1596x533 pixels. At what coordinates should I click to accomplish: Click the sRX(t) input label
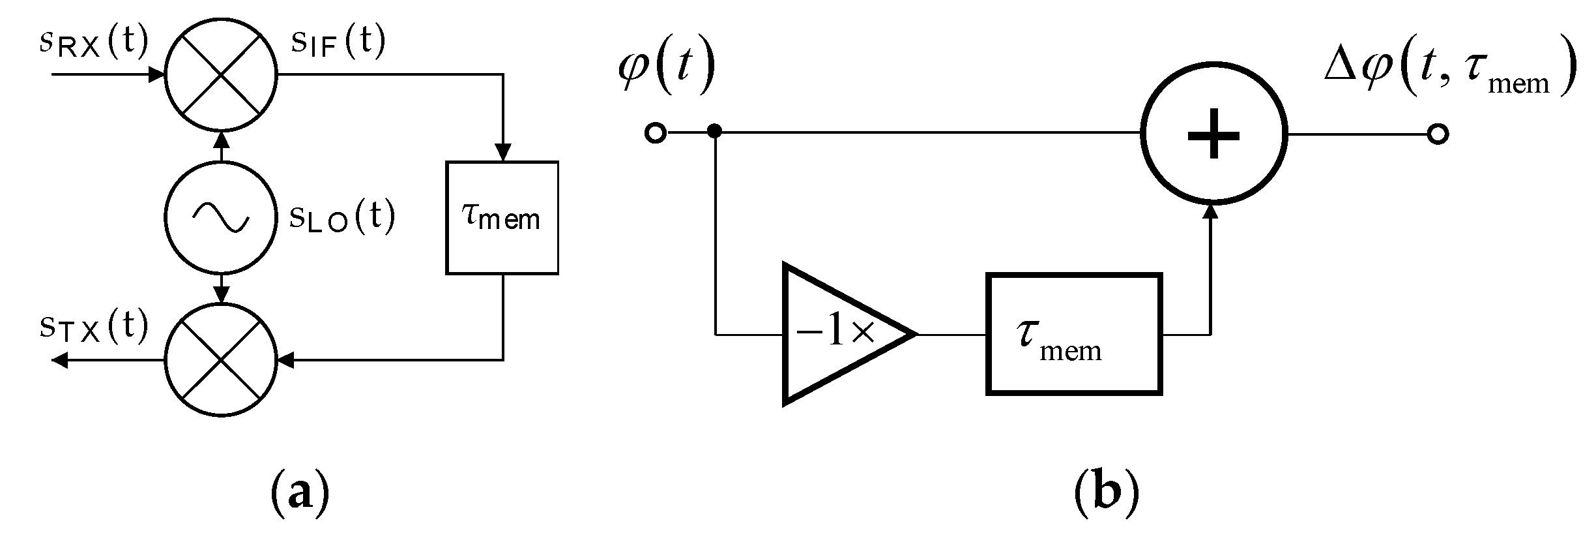click(x=93, y=44)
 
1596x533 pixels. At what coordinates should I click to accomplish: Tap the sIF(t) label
click(x=338, y=44)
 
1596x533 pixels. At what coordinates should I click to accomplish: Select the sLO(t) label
click(x=341, y=217)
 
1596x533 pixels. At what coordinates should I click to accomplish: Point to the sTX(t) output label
click(x=93, y=326)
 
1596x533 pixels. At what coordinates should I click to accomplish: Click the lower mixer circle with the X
click(x=221, y=359)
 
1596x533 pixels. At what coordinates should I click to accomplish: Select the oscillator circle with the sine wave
click(x=221, y=217)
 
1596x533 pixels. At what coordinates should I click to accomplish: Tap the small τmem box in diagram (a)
click(x=502, y=217)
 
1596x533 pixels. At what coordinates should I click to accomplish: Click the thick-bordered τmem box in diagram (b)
click(x=1074, y=334)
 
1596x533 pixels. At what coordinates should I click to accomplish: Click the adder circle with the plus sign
click(x=1213, y=134)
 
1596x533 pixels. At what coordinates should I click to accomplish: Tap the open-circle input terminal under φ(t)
click(x=655, y=134)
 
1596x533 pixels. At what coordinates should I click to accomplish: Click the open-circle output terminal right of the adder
click(x=1437, y=134)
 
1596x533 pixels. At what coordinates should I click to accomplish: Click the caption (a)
click(x=298, y=496)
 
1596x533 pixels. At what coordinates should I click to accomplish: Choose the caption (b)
click(x=1106, y=496)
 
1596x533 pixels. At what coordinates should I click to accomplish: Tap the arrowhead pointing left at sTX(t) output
click(x=60, y=359)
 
